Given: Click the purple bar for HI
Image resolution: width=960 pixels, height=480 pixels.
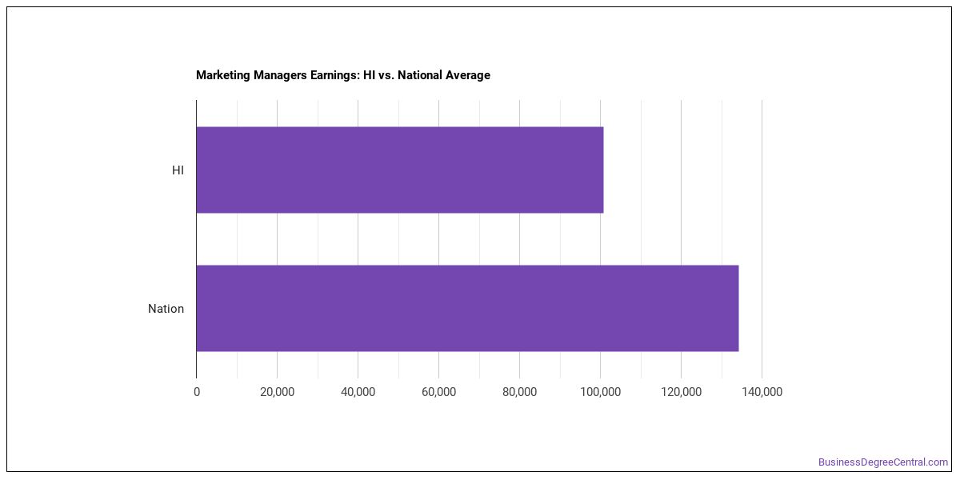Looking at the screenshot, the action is [x=400, y=170].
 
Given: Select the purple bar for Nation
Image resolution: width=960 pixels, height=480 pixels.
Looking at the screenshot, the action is [x=467, y=309].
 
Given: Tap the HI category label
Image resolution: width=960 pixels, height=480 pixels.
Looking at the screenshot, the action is [x=178, y=170].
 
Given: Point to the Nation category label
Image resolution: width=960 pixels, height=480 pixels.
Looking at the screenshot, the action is [x=166, y=309].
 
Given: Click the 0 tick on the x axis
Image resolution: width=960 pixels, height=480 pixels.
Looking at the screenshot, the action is [x=197, y=392].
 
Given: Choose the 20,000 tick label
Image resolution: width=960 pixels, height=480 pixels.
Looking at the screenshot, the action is [x=278, y=392].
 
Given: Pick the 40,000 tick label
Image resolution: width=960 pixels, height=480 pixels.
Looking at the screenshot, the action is [x=358, y=392].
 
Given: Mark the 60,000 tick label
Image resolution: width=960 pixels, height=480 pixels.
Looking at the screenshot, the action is [x=439, y=392].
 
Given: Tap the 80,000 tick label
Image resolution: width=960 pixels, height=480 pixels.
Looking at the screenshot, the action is [x=519, y=392].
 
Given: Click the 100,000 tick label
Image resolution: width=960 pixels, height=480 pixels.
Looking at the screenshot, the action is [x=601, y=392].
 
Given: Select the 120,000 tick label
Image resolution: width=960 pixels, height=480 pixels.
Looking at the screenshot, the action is [x=681, y=392].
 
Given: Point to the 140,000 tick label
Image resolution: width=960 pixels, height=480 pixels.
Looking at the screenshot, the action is [x=762, y=392].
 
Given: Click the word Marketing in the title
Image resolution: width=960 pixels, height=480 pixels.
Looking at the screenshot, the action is [x=223, y=75].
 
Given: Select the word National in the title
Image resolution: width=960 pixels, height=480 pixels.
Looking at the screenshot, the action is [x=419, y=75].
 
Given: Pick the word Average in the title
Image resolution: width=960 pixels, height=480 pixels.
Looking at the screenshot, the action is [x=467, y=75].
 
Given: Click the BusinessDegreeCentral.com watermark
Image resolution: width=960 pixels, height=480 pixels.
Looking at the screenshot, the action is [x=883, y=462].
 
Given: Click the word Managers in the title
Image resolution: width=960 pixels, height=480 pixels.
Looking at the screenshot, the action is [x=280, y=75].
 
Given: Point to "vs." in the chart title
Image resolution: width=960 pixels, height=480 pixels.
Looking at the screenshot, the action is [x=386, y=75].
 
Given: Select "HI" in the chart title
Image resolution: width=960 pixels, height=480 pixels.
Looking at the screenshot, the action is [x=369, y=75].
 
